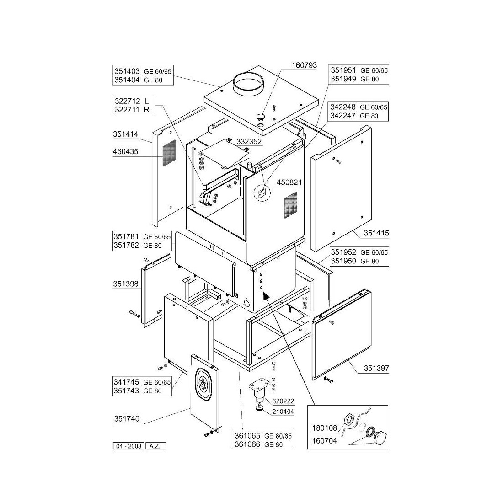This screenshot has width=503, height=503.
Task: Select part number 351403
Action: click(125, 71)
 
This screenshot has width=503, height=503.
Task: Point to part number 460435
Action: click(125, 152)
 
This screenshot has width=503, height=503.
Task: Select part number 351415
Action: click(376, 233)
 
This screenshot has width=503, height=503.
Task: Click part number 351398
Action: click(125, 284)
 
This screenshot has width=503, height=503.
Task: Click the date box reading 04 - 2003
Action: click(128, 446)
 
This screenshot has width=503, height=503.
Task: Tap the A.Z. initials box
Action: click(155, 446)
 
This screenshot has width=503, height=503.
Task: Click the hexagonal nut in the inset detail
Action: click(348, 418)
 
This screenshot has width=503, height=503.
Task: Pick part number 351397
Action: click(376, 367)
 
